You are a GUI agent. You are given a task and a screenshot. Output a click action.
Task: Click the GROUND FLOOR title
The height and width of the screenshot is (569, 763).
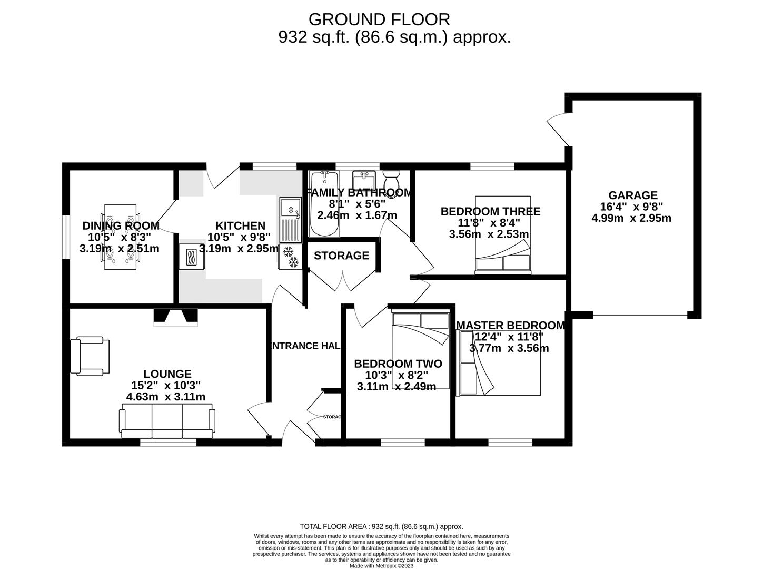click(379, 19)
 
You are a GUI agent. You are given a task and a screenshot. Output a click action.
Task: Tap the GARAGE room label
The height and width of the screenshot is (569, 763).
click(633, 195)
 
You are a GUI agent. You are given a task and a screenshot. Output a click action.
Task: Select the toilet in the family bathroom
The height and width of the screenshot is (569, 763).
click(391, 179)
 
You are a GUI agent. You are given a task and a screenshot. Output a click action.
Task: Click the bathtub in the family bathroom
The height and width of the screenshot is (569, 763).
click(324, 203)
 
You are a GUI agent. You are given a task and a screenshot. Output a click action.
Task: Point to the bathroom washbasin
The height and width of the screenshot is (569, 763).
click(364, 179)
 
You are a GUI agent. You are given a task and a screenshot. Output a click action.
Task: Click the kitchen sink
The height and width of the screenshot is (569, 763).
click(291, 220)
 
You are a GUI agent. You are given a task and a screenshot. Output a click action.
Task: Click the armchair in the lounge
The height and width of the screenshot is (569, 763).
click(90, 356)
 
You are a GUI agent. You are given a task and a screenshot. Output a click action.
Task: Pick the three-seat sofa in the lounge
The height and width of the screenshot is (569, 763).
click(167, 421)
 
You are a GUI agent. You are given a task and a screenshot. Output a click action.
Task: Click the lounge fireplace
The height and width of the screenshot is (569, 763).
click(176, 317)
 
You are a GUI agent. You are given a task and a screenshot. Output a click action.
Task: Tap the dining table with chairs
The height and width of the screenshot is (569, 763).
click(120, 237)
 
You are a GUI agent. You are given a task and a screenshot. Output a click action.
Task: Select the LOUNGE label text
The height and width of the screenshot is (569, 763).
click(167, 374)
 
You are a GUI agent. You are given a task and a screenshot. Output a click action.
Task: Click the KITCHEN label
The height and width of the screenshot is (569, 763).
click(240, 225)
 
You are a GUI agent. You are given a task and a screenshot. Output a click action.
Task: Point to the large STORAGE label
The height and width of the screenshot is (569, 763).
click(341, 256)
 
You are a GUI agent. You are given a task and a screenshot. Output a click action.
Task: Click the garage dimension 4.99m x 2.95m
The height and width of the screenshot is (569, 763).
click(631, 218)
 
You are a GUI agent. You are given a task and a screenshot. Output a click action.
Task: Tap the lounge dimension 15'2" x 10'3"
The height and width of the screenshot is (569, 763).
click(166, 385)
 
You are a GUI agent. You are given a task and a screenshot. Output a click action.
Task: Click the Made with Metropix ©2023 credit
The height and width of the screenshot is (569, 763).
click(381, 566)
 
